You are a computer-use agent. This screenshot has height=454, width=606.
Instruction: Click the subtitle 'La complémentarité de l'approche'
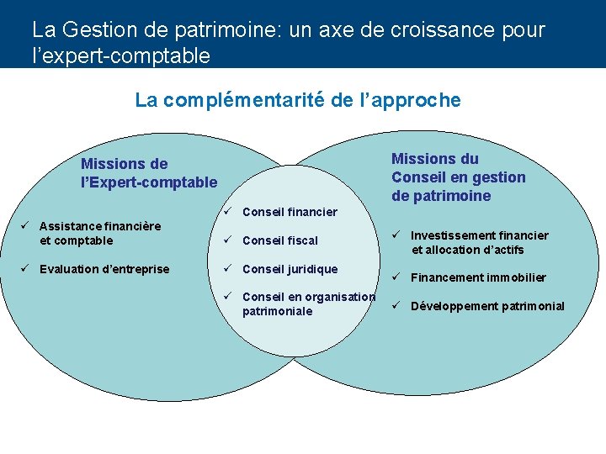(298, 100)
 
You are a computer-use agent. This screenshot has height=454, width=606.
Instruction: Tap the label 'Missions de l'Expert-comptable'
(148, 172)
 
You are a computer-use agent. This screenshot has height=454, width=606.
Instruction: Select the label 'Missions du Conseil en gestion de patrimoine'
(458, 177)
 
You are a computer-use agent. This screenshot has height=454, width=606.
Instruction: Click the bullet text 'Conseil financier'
(290, 212)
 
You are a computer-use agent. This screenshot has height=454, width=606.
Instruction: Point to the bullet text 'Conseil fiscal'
(279, 240)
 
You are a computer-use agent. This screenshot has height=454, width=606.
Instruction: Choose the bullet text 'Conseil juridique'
(290, 269)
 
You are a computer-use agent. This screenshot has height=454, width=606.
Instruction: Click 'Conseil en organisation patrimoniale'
(308, 304)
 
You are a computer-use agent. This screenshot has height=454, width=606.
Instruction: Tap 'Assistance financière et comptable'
(99, 233)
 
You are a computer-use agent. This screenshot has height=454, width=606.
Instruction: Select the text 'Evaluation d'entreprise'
(104, 269)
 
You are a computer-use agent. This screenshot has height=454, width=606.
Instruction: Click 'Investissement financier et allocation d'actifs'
(479, 242)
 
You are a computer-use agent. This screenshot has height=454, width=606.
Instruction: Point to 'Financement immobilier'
(478, 277)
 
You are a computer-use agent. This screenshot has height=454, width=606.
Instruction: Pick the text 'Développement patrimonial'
(487, 306)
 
